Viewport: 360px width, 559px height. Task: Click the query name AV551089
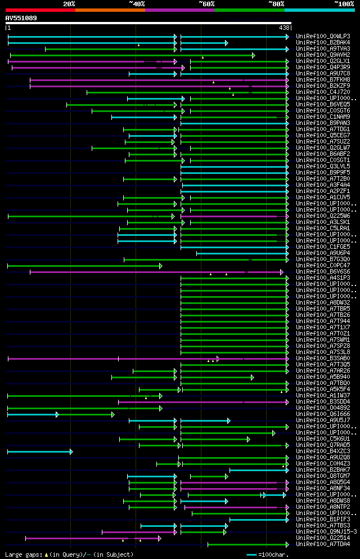coord(21,18)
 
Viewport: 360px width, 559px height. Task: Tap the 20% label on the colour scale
coord(69,4)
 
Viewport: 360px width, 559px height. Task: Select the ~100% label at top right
coord(344,4)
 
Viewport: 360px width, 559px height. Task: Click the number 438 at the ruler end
coord(284,28)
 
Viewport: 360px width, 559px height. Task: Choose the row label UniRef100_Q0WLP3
coord(323,37)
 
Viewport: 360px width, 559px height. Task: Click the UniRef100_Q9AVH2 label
coord(323,55)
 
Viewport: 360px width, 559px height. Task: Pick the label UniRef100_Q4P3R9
coord(323,68)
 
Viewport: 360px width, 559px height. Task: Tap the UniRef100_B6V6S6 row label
coord(323,272)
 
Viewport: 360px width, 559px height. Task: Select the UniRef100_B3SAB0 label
coord(323,359)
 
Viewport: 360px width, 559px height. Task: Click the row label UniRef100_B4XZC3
coord(323,451)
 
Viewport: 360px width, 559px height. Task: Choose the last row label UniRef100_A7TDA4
coord(323,544)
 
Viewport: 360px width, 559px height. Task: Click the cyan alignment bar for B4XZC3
coord(39,451)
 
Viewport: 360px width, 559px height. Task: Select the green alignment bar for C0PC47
coord(84,266)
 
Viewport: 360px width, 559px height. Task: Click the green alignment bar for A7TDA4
coord(247,544)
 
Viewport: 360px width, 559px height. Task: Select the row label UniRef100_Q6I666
coord(323,414)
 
